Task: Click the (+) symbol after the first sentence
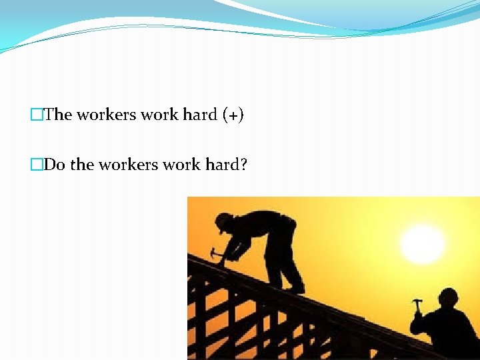pyautogui.click(x=233, y=115)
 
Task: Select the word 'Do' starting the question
pyautogui.click(x=54, y=164)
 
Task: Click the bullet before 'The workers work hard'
pyautogui.click(x=36, y=115)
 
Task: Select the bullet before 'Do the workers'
pyautogui.click(x=36, y=164)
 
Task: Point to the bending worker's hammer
pyautogui.click(x=215, y=253)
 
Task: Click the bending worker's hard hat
pyautogui.click(x=225, y=219)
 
